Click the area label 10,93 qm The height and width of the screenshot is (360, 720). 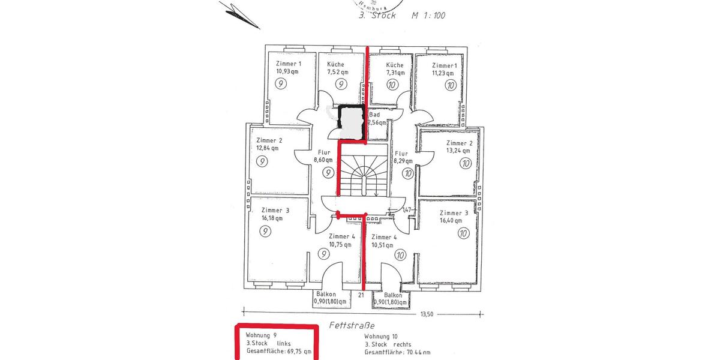point(287,71)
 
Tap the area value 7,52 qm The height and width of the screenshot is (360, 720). point(337,71)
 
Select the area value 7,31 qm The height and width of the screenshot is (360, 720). point(395,72)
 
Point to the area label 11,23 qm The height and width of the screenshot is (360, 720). point(444,73)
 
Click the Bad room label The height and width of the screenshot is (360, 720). point(374,114)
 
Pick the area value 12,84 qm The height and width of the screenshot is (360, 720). point(267,148)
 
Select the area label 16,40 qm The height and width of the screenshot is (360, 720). point(451,220)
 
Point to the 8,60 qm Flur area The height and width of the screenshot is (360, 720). point(325,161)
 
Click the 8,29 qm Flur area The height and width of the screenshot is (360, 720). point(403,161)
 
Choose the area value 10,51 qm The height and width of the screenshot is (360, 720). point(382,244)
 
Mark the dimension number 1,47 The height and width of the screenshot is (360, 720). point(407,209)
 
